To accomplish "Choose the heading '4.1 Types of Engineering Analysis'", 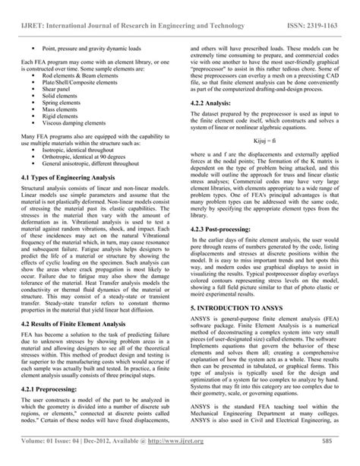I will [74, 177].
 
